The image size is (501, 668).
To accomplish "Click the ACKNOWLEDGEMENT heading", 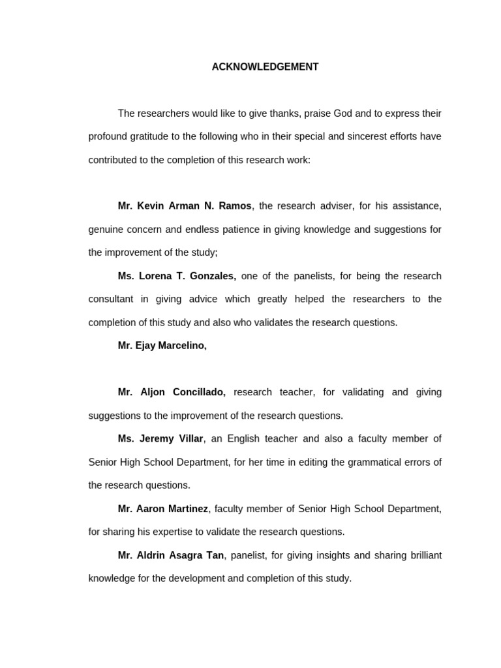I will (265, 67).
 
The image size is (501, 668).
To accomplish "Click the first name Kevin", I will (151, 206).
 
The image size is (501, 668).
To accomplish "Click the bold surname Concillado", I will (199, 393).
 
